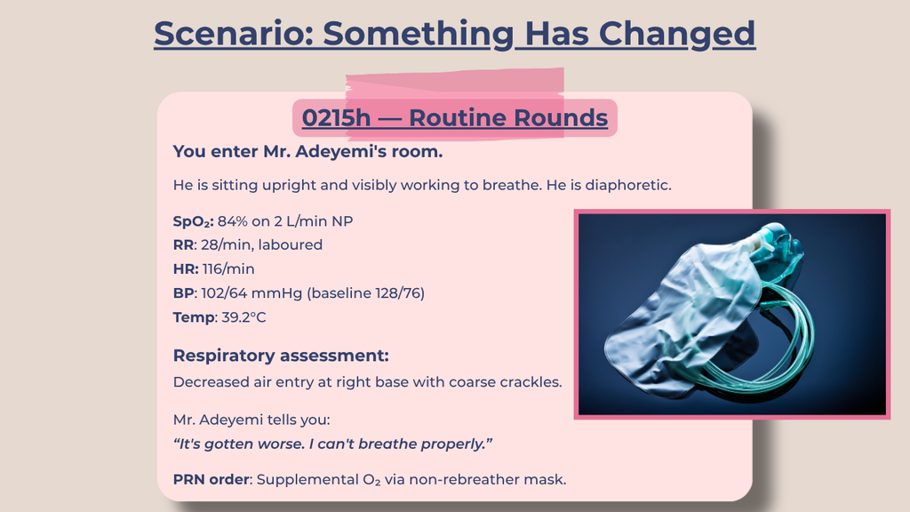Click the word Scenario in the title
[234, 33]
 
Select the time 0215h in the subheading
[336, 118]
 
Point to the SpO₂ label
[193, 221]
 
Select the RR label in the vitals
[183, 245]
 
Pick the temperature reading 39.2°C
[243, 317]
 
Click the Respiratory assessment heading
[281, 356]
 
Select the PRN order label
[212, 479]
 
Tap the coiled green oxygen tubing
[778, 342]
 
